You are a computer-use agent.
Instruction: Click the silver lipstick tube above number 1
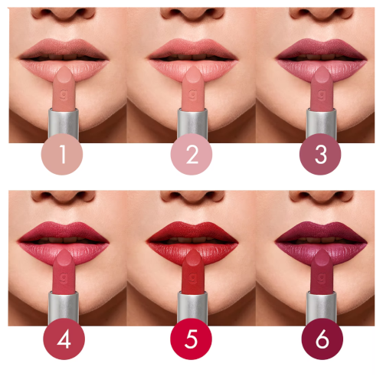pyautogui.click(x=64, y=123)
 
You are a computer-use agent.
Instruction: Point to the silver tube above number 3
pyautogui.click(x=320, y=123)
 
